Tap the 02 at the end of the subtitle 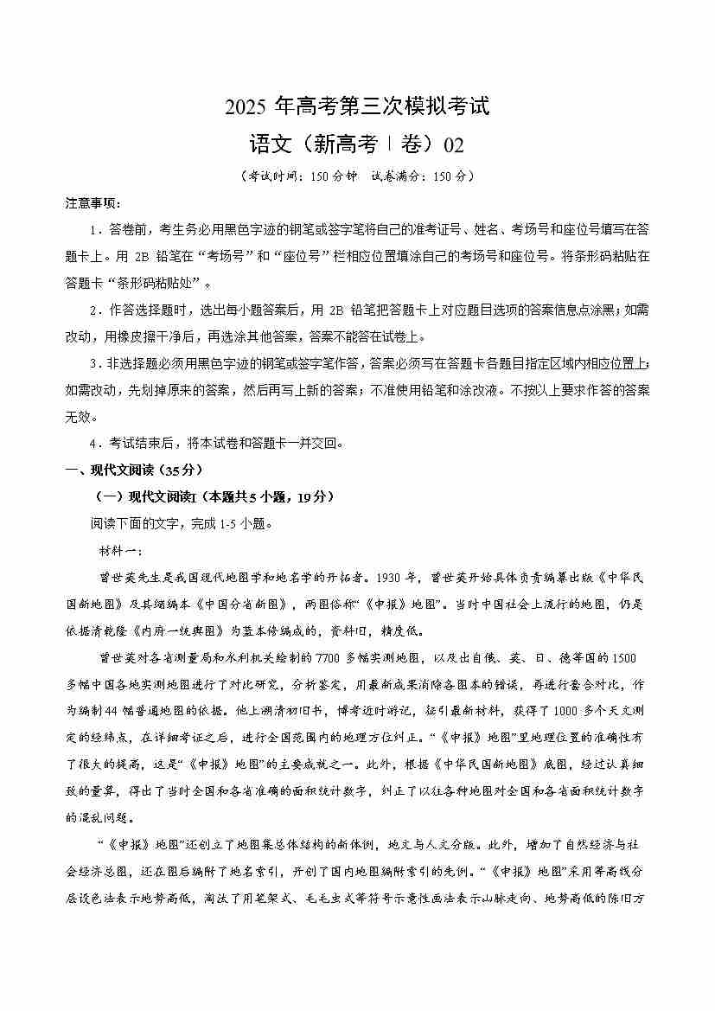tap(453, 144)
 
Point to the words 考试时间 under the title tap(271, 175)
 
